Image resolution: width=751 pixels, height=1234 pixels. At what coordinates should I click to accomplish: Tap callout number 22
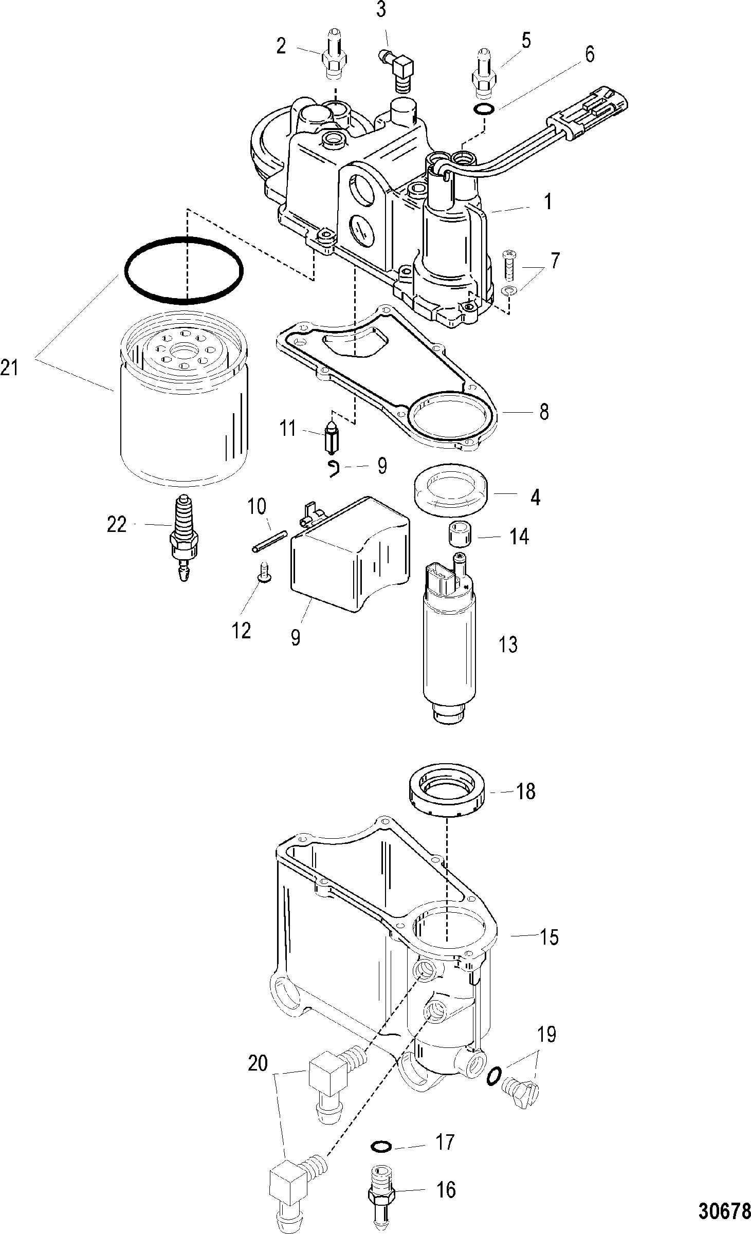[x=116, y=525]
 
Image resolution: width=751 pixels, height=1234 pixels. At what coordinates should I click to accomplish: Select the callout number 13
[x=508, y=644]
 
